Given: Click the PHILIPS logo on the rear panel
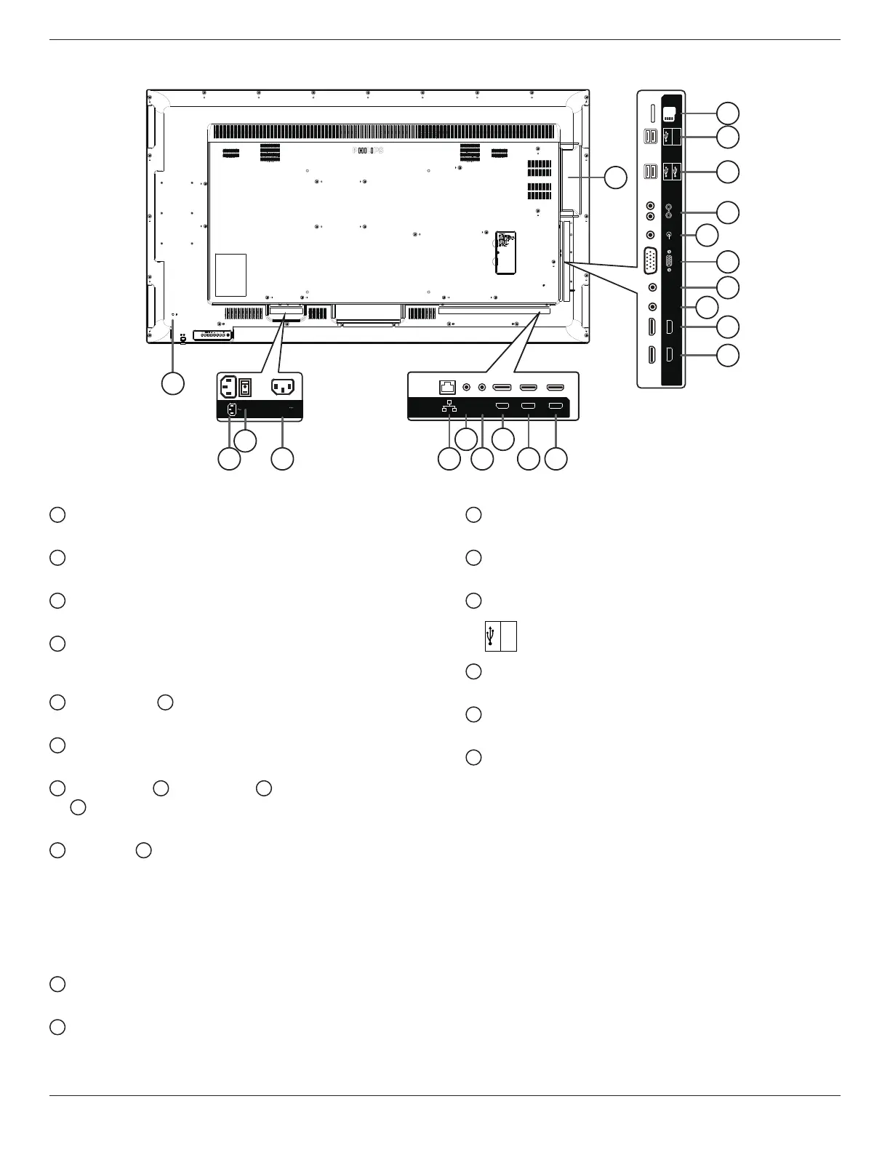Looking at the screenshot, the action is click(x=367, y=151).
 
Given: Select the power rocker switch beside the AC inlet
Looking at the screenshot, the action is click(x=245, y=386).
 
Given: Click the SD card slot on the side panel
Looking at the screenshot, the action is click(x=652, y=113).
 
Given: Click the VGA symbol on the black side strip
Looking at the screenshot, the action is click(x=669, y=261).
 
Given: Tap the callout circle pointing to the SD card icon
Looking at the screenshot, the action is click(x=728, y=113).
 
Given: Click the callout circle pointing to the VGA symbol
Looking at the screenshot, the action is click(x=728, y=261).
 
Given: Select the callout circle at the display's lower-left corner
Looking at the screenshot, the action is click(x=172, y=383).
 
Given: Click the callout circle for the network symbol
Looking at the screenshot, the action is click(x=449, y=459).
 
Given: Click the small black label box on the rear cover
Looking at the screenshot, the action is click(x=505, y=252).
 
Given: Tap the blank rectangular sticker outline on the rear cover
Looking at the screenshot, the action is click(x=230, y=275).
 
